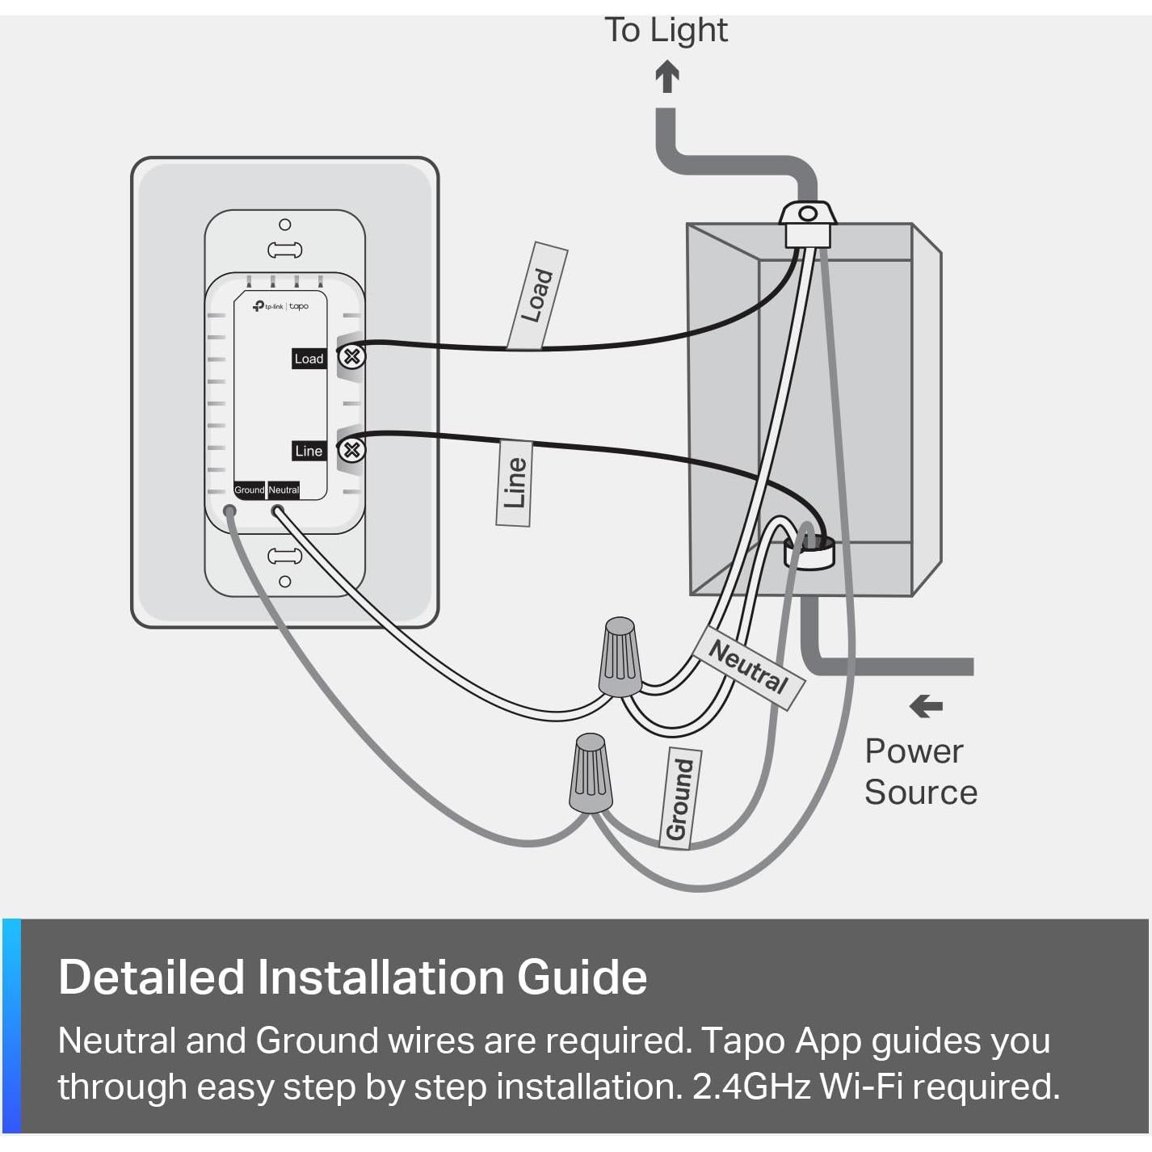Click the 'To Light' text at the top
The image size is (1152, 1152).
click(666, 31)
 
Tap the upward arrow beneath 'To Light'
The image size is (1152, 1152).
click(666, 78)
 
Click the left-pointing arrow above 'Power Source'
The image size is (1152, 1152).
click(926, 706)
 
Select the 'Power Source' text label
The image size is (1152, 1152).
click(920, 772)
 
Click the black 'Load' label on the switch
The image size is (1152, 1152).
click(309, 359)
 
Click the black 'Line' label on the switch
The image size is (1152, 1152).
click(309, 451)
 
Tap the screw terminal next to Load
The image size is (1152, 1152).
click(351, 356)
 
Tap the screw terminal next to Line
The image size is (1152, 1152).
click(351, 449)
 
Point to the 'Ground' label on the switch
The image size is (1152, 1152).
click(249, 490)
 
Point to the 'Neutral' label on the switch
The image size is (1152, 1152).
click(284, 490)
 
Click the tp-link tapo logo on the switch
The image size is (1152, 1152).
click(280, 306)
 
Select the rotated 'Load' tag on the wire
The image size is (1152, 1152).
click(537, 296)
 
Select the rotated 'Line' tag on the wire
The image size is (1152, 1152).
click(514, 483)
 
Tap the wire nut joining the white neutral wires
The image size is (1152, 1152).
click(620, 656)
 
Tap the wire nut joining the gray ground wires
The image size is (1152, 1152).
click(591, 773)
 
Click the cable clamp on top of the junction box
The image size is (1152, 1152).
click(807, 223)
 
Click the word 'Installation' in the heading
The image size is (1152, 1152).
click(382, 977)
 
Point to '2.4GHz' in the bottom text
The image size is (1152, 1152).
click(751, 1087)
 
